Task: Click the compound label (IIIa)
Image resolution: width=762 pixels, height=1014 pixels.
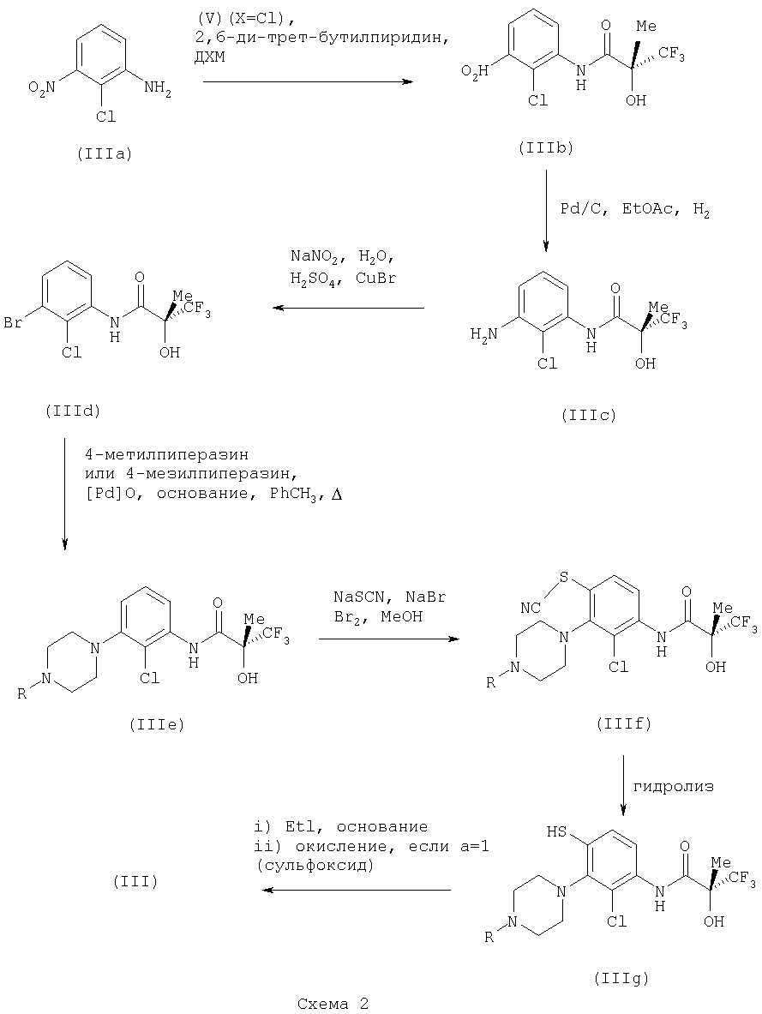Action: pos(104,154)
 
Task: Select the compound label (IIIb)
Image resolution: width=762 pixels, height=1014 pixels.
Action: pos(545,148)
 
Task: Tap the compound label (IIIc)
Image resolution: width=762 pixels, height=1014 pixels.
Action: pos(589,416)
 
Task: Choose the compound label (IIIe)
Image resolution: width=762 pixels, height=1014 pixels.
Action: pos(157,725)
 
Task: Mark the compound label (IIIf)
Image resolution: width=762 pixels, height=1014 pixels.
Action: pos(624,723)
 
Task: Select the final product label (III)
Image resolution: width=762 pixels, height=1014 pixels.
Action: pos(135,881)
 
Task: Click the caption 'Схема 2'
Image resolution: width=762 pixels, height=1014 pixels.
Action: pos(333,1004)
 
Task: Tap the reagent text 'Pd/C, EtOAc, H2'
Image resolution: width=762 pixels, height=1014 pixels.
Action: pos(635,209)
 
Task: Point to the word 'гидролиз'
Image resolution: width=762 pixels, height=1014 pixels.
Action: pos(674,787)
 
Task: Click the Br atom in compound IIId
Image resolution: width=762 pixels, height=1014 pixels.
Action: pos(14,322)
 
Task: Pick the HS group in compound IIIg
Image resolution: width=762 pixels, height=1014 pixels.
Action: pos(557,831)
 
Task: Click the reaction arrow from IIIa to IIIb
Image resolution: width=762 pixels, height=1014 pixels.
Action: pos(308,82)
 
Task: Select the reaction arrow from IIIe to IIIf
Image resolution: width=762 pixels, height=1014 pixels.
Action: pos(389,639)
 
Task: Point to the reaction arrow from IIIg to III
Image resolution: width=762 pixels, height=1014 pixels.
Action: pos(357,891)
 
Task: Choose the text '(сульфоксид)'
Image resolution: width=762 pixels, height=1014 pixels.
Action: pos(315,865)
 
